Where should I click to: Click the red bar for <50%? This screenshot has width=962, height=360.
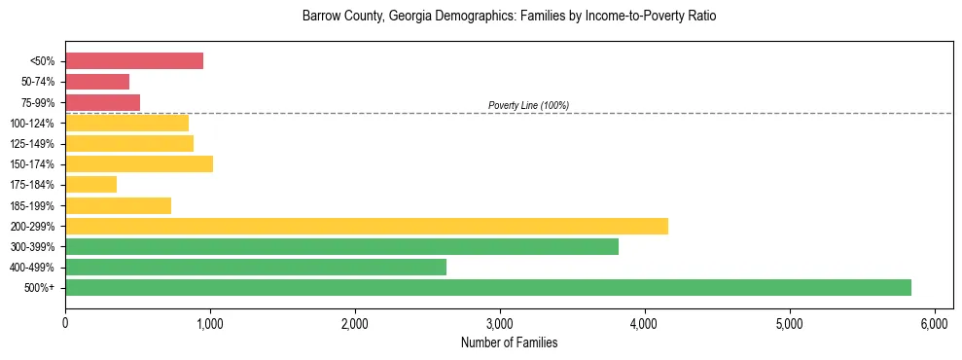pyautogui.click(x=134, y=61)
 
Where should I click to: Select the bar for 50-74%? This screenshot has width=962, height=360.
pyautogui.click(x=97, y=82)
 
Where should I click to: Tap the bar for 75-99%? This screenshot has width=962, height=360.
pyautogui.click(x=102, y=102)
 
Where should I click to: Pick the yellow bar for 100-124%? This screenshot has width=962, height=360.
pyautogui.click(x=126, y=123)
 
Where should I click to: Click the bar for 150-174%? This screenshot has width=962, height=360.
pyautogui.click(x=139, y=163)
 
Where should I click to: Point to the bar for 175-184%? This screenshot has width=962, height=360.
pyautogui.click(x=90, y=184)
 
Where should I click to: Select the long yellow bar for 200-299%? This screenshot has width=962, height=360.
pyautogui.click(x=367, y=226)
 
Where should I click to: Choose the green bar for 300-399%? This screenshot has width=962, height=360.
pyautogui.click(x=341, y=246)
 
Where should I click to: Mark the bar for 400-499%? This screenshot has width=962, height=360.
pyautogui.click(x=256, y=267)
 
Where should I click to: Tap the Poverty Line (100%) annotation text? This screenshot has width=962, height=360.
pyautogui.click(x=528, y=105)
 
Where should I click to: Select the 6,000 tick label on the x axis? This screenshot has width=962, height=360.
pyautogui.click(x=935, y=322)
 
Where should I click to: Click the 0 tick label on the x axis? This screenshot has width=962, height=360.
pyautogui.click(x=65, y=322)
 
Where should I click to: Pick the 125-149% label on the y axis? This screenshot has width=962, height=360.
pyautogui.click(x=33, y=144)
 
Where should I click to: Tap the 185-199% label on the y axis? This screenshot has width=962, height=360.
pyautogui.click(x=33, y=205)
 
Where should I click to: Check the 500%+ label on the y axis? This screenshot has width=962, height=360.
pyautogui.click(x=40, y=288)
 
